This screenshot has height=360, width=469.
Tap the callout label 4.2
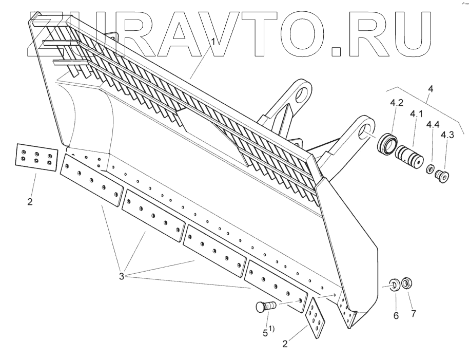point(396,103)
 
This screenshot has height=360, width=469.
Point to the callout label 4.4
point(433,124)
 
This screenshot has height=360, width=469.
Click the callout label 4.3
point(447,135)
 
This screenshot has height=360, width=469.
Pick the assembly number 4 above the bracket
point(431,89)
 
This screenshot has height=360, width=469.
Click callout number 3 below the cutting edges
point(122,276)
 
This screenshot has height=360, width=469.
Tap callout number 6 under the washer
point(396,315)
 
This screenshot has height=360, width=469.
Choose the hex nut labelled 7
point(408,282)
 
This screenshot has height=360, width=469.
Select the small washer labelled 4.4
point(429,169)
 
